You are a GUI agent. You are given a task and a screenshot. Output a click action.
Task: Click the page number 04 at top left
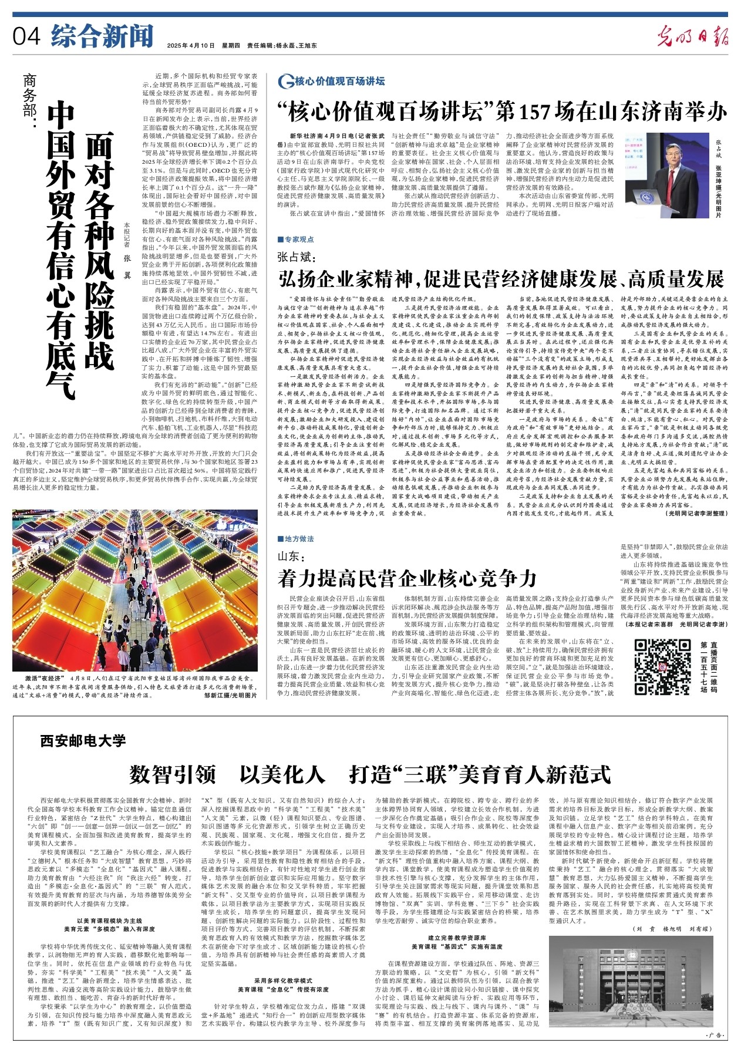(x=26, y=36)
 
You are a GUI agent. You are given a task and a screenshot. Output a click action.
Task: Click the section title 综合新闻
(x=102, y=36)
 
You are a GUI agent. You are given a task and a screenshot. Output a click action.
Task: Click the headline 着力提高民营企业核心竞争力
(x=407, y=579)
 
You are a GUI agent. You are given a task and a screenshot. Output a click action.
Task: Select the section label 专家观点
(x=298, y=240)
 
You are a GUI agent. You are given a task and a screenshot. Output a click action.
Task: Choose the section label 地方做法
(x=298, y=539)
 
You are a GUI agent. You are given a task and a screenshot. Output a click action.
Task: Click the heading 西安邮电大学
(x=83, y=741)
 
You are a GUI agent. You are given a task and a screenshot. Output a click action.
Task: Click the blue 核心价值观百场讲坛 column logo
(x=332, y=81)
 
